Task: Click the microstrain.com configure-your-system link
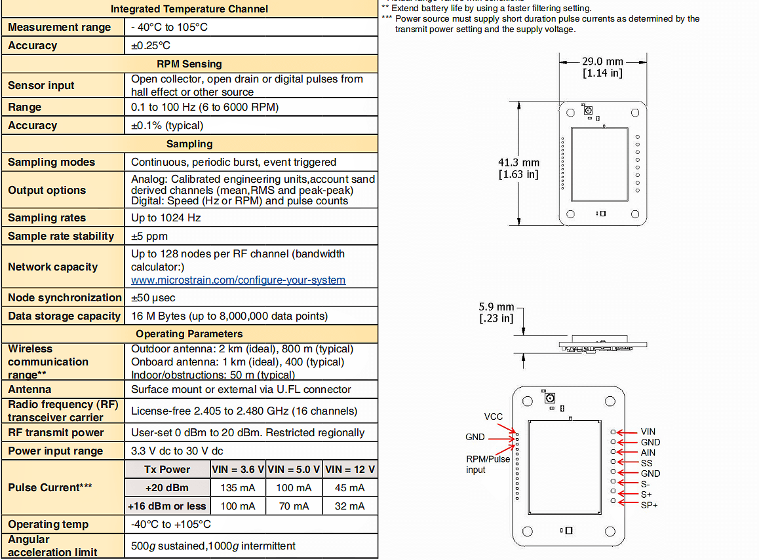click(x=238, y=280)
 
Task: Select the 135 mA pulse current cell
click(x=237, y=487)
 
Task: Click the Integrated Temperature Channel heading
click(x=189, y=9)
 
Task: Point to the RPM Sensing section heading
click(x=189, y=64)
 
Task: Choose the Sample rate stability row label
click(x=61, y=236)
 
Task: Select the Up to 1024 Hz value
click(x=166, y=217)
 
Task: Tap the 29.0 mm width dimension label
click(x=602, y=67)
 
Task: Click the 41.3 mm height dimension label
click(x=518, y=168)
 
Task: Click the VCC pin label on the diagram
click(x=494, y=417)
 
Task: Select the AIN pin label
click(x=648, y=453)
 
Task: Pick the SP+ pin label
click(x=650, y=504)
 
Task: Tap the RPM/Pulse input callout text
click(x=488, y=464)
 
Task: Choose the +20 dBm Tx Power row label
click(x=167, y=487)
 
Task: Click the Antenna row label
click(x=29, y=389)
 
